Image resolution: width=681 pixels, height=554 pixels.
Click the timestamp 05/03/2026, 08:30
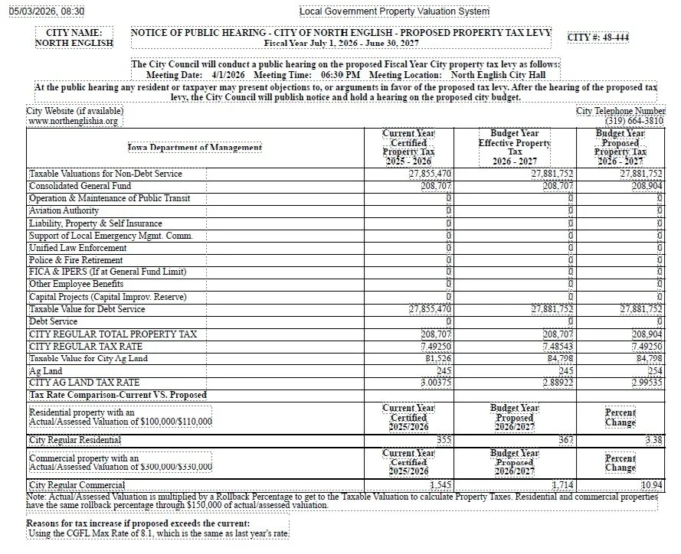point(46,11)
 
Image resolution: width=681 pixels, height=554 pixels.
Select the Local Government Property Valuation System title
point(394,11)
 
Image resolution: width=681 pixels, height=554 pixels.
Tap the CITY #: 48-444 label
point(598,37)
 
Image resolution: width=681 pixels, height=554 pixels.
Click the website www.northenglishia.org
point(74,122)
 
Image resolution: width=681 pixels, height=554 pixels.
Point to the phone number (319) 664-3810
point(634,121)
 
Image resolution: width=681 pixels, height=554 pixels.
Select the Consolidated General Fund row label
point(80,186)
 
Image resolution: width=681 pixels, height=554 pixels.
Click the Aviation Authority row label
point(64,210)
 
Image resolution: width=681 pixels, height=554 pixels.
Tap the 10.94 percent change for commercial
point(651,485)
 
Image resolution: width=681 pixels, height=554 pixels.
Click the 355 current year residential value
point(444,440)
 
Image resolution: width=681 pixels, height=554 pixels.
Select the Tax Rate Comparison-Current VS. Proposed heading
point(118,395)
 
